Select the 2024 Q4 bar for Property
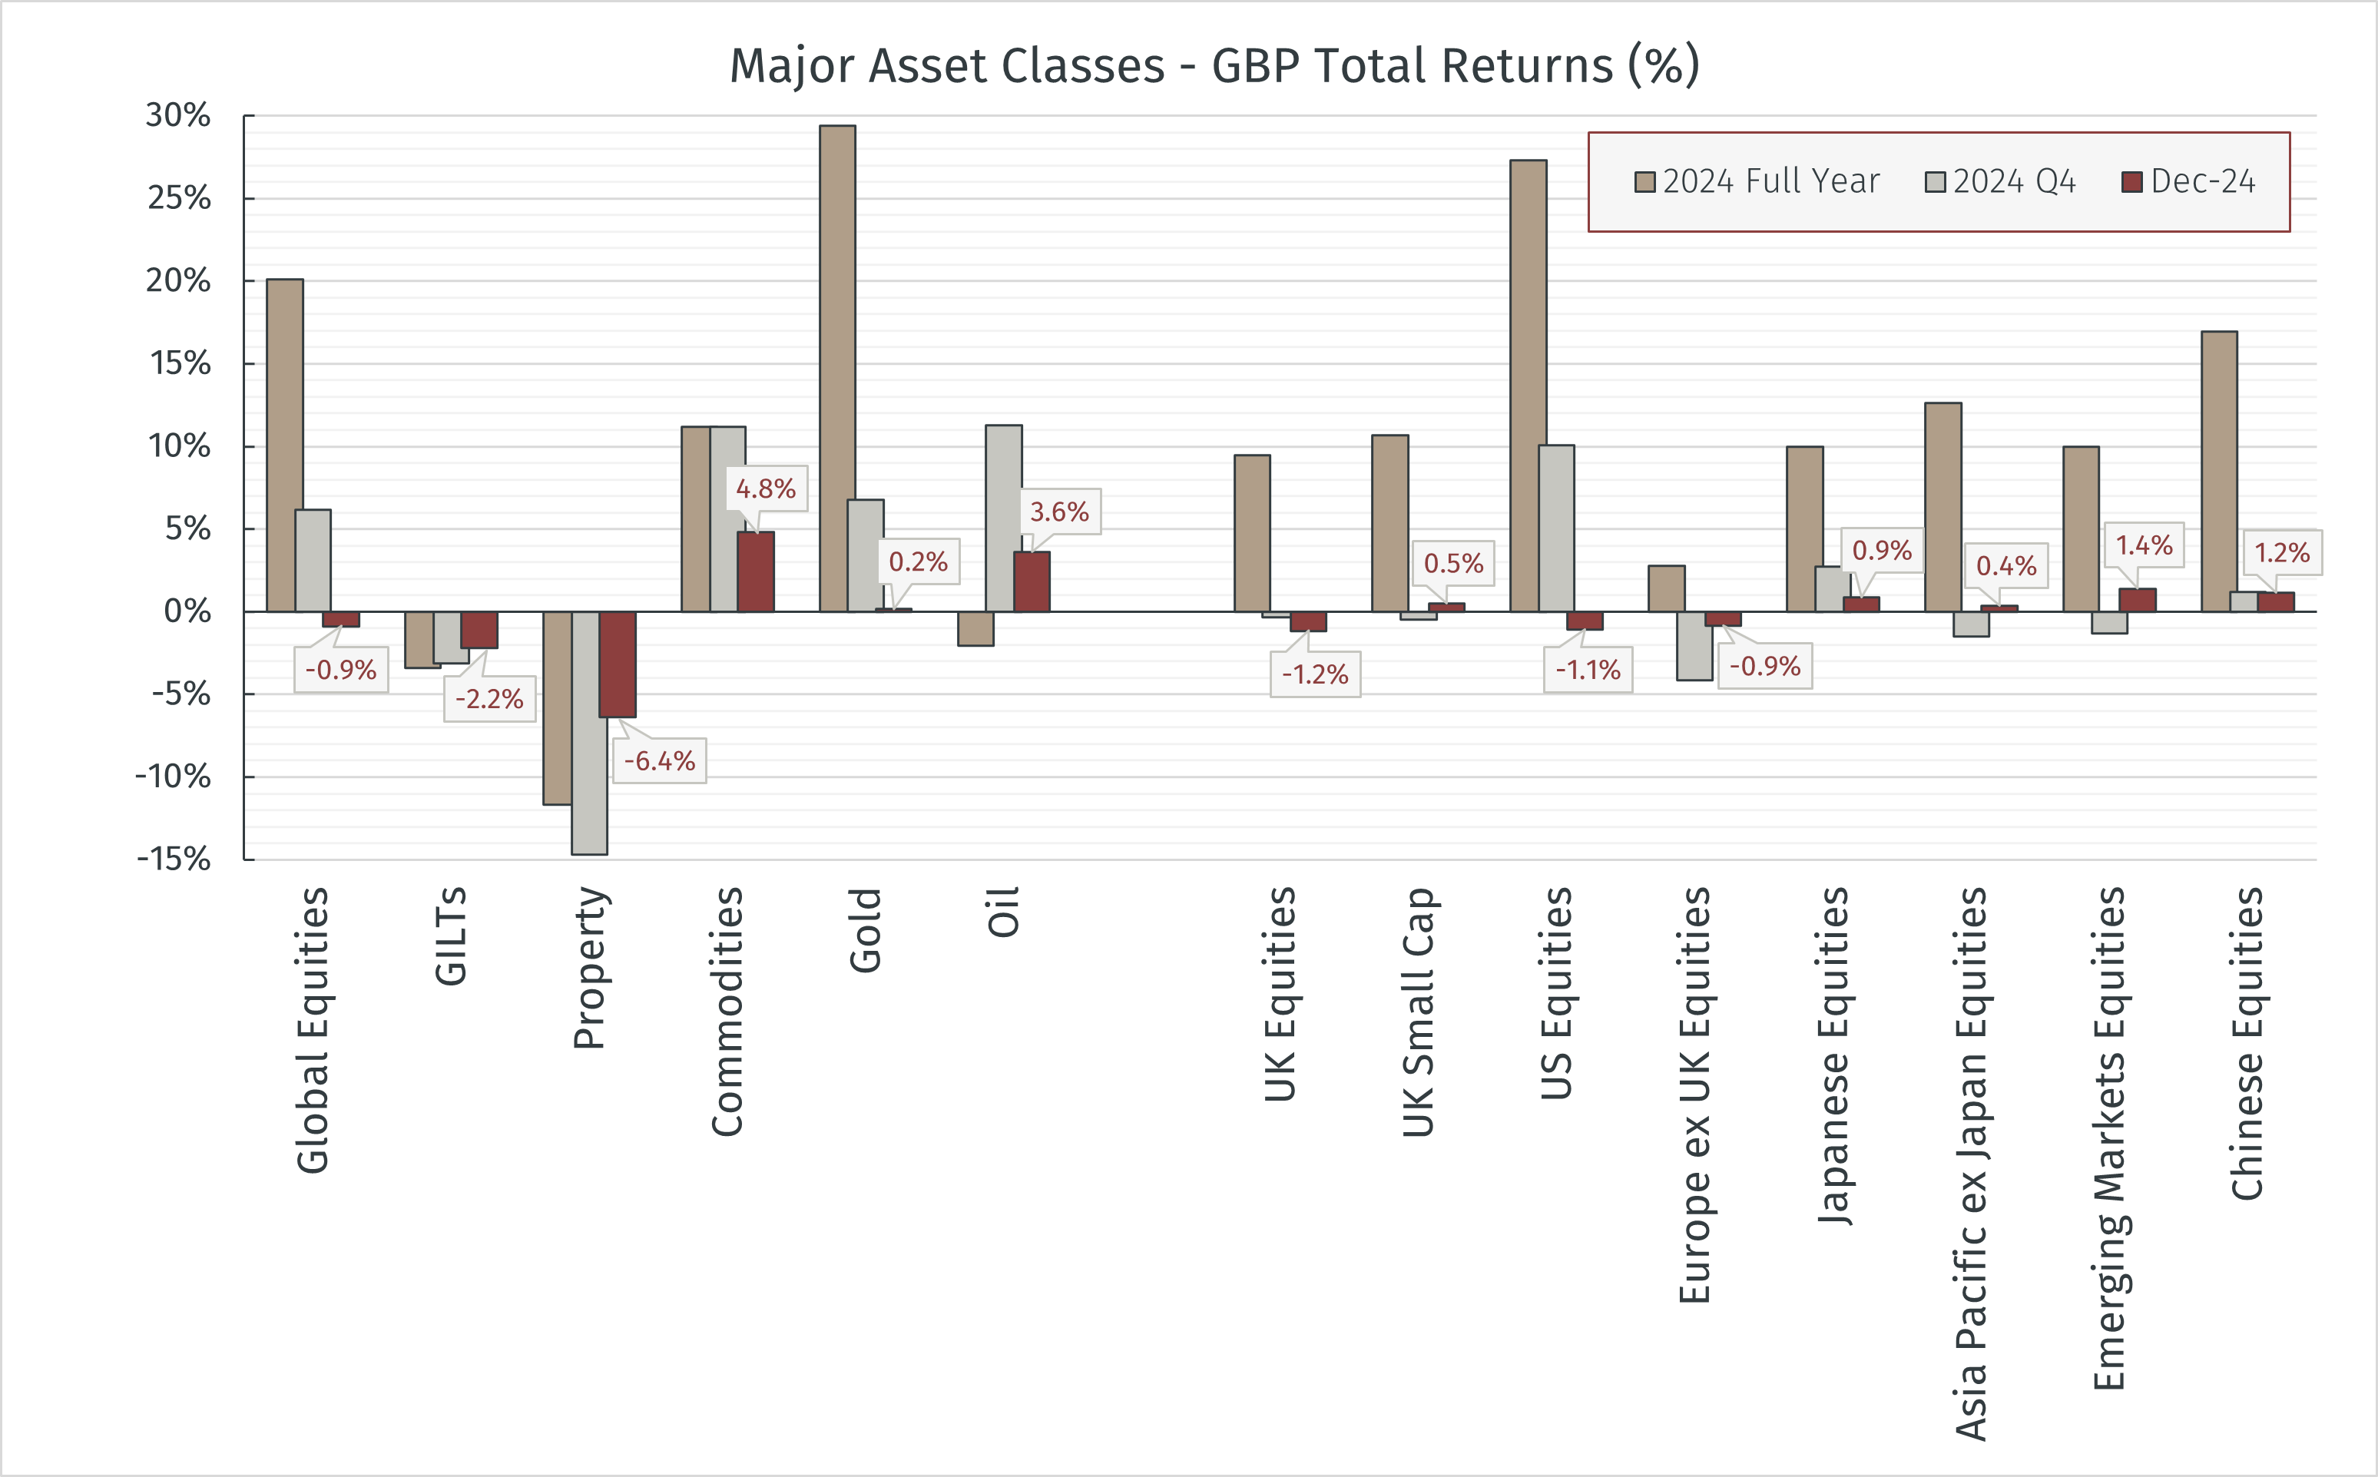pyautogui.click(x=589, y=733)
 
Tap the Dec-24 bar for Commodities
pyautogui.click(x=756, y=571)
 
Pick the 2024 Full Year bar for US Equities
pyautogui.click(x=1528, y=386)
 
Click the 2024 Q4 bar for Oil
pyautogui.click(x=1003, y=518)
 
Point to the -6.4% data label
pyautogui.click(x=659, y=761)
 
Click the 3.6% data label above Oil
pyautogui.click(x=1060, y=512)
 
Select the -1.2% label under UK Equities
pyautogui.click(x=1314, y=674)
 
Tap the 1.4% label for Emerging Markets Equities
pyautogui.click(x=2144, y=545)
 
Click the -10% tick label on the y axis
pyautogui.click(x=173, y=777)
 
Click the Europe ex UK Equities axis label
pyautogui.click(x=1694, y=1094)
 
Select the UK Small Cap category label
pyautogui.click(x=1418, y=1011)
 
